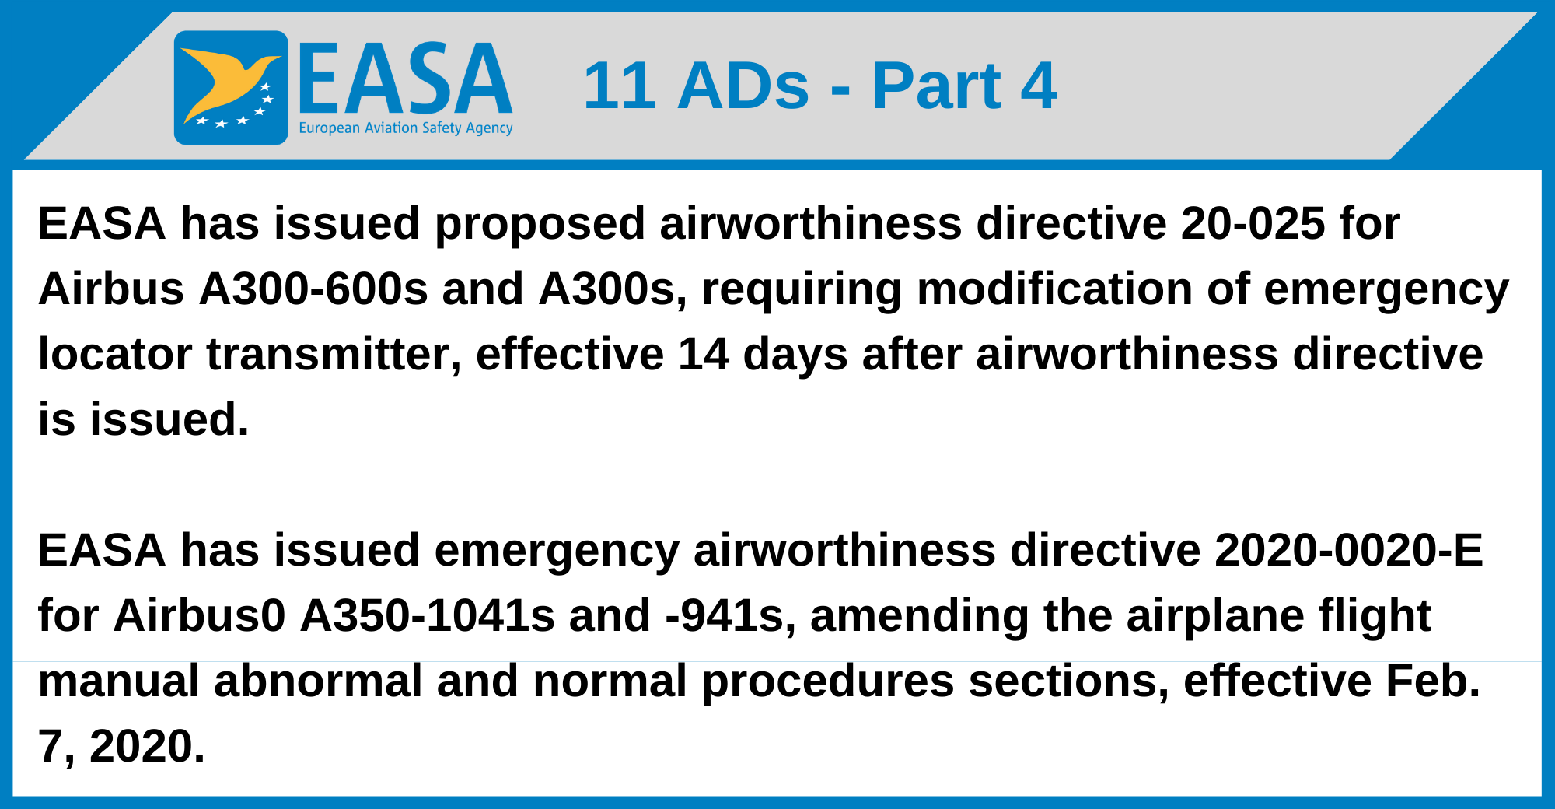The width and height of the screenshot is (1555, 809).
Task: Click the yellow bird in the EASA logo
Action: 225,82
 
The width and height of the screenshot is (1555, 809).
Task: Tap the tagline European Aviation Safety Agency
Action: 405,128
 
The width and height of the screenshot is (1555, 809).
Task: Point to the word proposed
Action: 540,224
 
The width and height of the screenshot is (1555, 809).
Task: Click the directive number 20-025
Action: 1253,224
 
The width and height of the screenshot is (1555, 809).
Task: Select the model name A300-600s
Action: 313,289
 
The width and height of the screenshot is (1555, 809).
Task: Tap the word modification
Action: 1054,289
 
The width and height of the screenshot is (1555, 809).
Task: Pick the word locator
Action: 115,355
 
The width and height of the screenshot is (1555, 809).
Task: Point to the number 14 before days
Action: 704,355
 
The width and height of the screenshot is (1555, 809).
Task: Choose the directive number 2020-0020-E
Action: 1348,551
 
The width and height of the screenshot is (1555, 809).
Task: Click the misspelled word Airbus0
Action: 200,616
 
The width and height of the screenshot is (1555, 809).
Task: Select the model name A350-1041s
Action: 428,616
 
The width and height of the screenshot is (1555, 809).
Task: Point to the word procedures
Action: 828,681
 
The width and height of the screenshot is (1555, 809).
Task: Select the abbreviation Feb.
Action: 1432,681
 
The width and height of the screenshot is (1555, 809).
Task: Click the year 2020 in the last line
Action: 146,747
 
